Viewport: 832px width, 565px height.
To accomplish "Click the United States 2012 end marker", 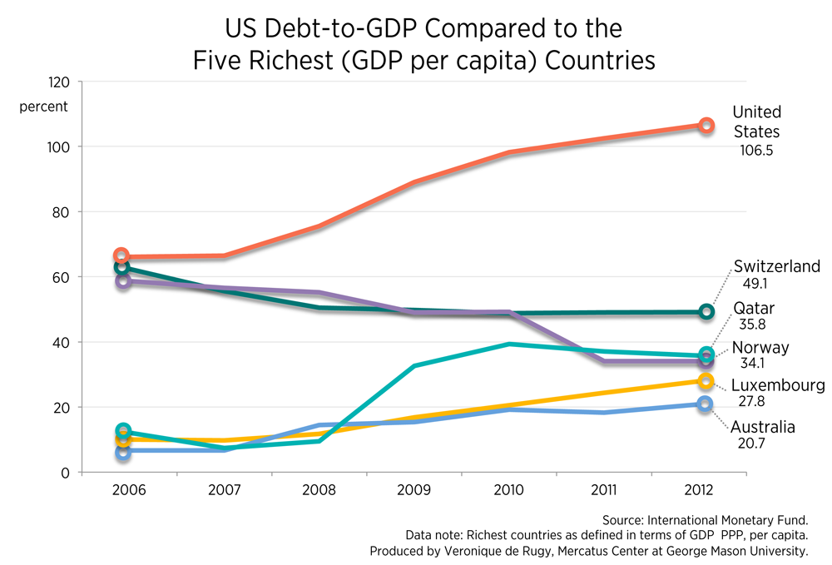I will [x=706, y=126].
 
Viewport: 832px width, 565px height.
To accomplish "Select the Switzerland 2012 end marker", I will [x=706, y=312].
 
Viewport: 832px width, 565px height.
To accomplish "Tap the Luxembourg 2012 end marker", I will [x=706, y=381].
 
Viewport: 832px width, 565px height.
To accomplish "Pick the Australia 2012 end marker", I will [x=706, y=404].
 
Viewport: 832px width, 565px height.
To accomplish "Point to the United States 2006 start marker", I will [x=121, y=255].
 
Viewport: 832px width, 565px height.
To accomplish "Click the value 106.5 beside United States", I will [x=757, y=151].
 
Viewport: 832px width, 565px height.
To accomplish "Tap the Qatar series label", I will [x=753, y=308].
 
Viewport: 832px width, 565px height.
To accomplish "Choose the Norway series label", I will [x=760, y=348].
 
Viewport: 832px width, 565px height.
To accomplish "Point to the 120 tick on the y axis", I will [x=59, y=82].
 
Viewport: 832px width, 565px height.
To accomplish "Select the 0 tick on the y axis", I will [x=66, y=473].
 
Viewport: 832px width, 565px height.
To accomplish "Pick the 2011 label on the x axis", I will [x=608, y=489].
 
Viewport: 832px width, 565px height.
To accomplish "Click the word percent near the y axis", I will [x=44, y=107].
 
